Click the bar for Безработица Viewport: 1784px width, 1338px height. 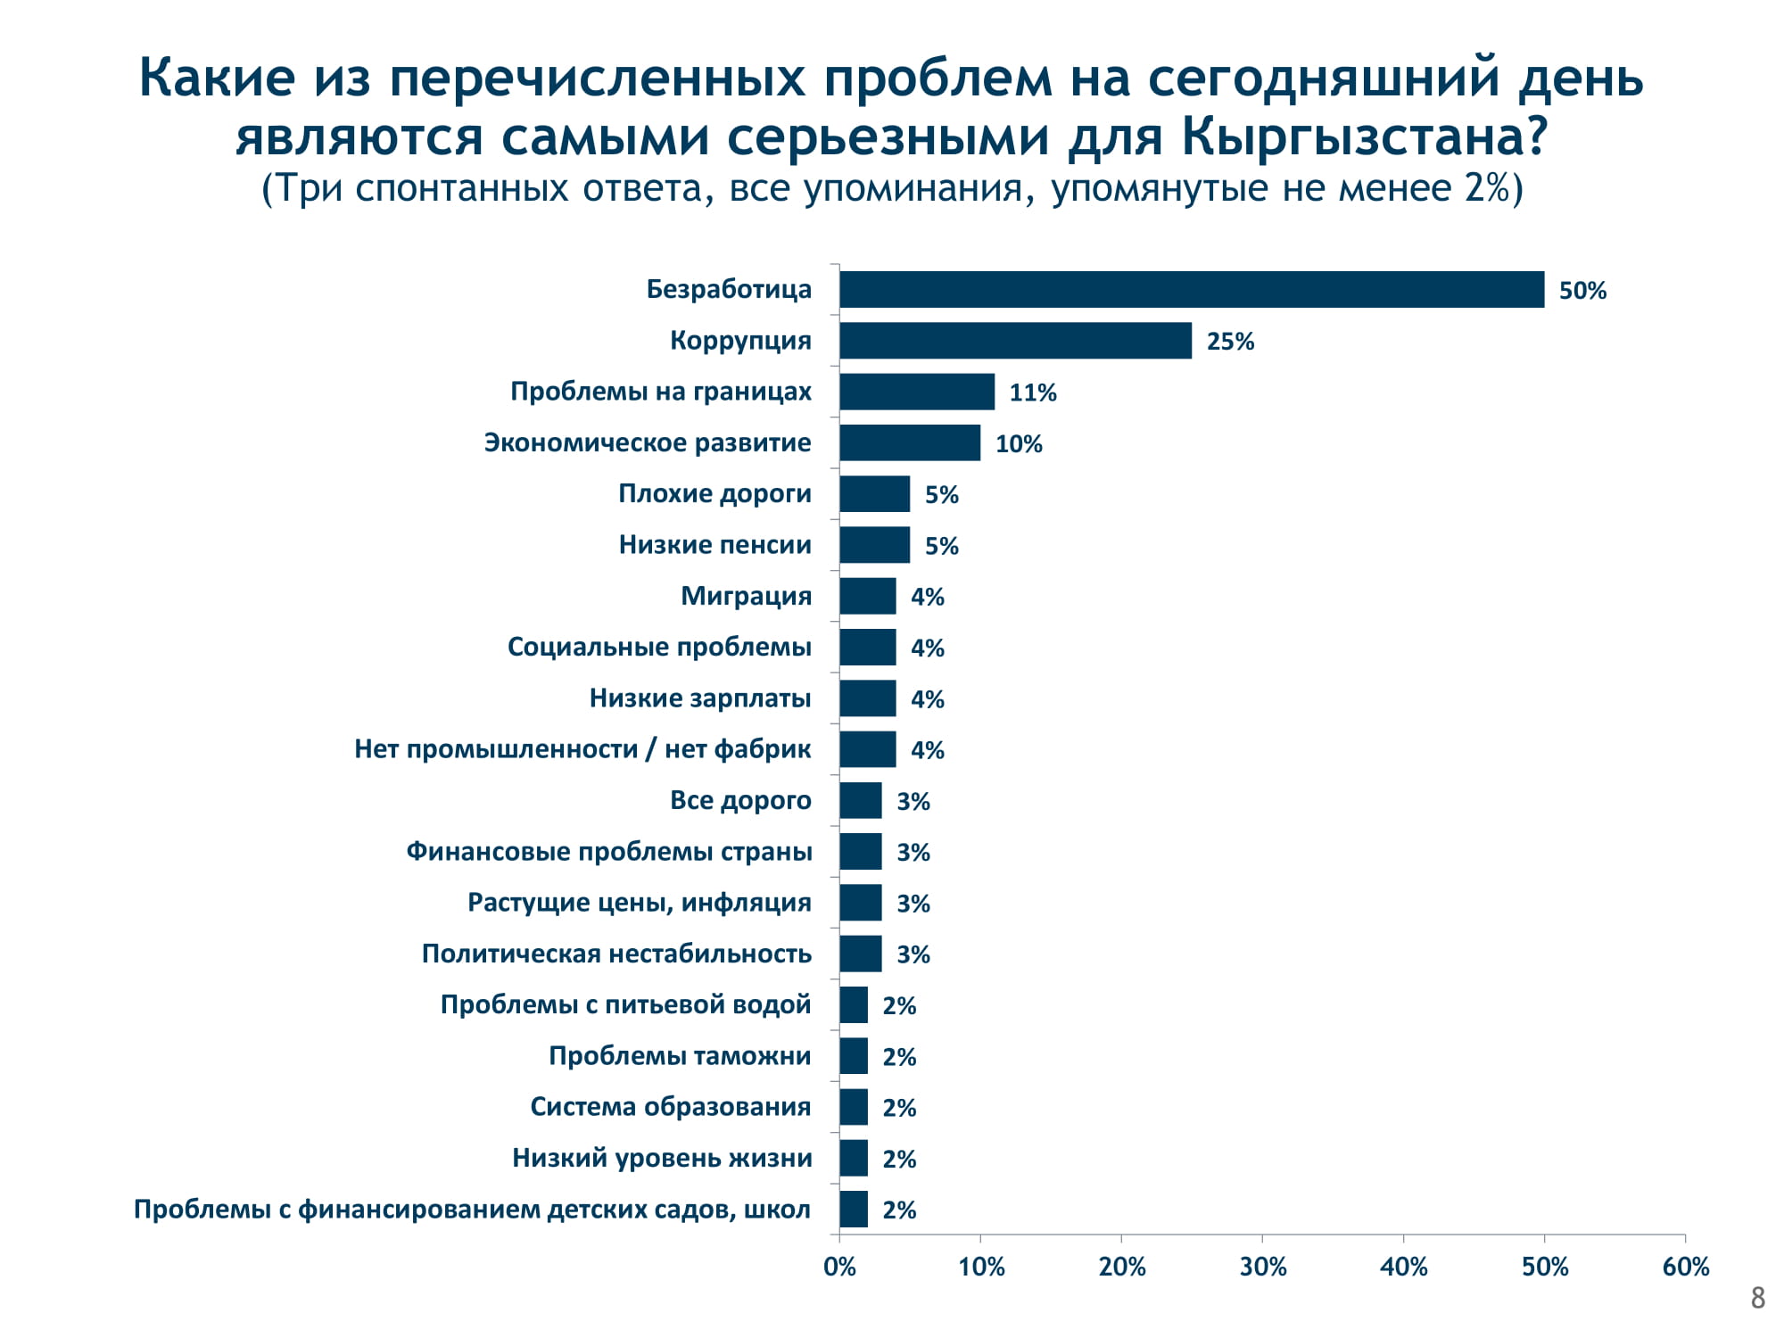tap(1192, 290)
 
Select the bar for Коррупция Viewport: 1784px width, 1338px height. tap(1015, 341)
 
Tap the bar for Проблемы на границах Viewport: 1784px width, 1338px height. tap(917, 392)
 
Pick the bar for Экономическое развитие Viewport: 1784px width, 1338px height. tap(910, 442)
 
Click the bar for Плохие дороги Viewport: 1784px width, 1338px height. tap(874, 494)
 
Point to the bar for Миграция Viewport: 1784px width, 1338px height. tap(867, 596)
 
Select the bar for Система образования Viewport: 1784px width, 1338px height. tap(854, 1107)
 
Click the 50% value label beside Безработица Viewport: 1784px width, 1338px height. tap(1582, 291)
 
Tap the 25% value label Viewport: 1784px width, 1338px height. tap(1230, 342)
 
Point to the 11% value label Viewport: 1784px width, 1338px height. tap(1033, 392)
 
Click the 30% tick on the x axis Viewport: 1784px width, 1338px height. tap(1262, 1267)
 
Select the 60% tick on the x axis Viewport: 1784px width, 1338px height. tap(1685, 1267)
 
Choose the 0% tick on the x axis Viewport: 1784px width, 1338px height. tap(839, 1267)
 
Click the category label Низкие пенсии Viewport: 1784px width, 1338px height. tap(714, 545)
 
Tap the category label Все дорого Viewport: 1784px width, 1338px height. tap(740, 800)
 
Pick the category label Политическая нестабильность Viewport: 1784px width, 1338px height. tap(616, 954)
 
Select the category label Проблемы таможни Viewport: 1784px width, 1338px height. tap(680, 1056)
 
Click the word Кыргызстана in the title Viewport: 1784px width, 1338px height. tap(1364, 136)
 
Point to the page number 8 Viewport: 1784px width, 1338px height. tap(1757, 1298)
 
